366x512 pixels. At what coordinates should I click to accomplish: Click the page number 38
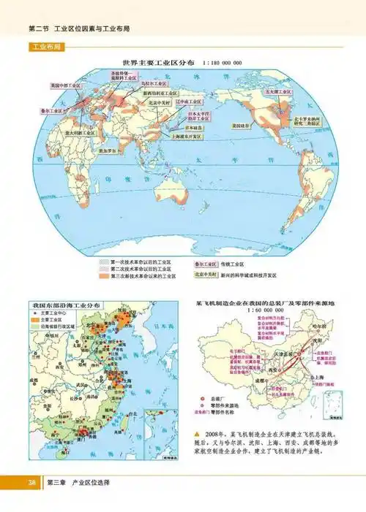[x=32, y=483]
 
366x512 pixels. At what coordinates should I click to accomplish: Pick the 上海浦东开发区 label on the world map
[x=188, y=136]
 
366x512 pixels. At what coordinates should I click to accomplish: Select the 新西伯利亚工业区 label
[x=159, y=93]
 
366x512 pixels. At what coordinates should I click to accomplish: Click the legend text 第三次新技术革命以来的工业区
[x=140, y=275]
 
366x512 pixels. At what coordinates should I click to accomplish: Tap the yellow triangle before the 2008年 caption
[x=195, y=434]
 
